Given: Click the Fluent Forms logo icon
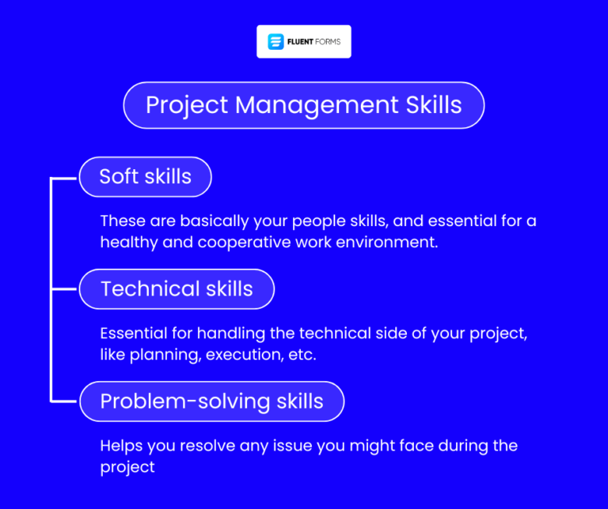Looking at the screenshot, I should click(275, 41).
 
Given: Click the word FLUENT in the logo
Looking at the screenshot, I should click(302, 41).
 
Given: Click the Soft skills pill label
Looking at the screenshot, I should click(145, 176).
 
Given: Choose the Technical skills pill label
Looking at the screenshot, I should click(177, 288).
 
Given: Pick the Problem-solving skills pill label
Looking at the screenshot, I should click(211, 401).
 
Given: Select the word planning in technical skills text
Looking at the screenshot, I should click(164, 354).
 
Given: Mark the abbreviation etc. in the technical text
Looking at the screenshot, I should click(301, 354).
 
